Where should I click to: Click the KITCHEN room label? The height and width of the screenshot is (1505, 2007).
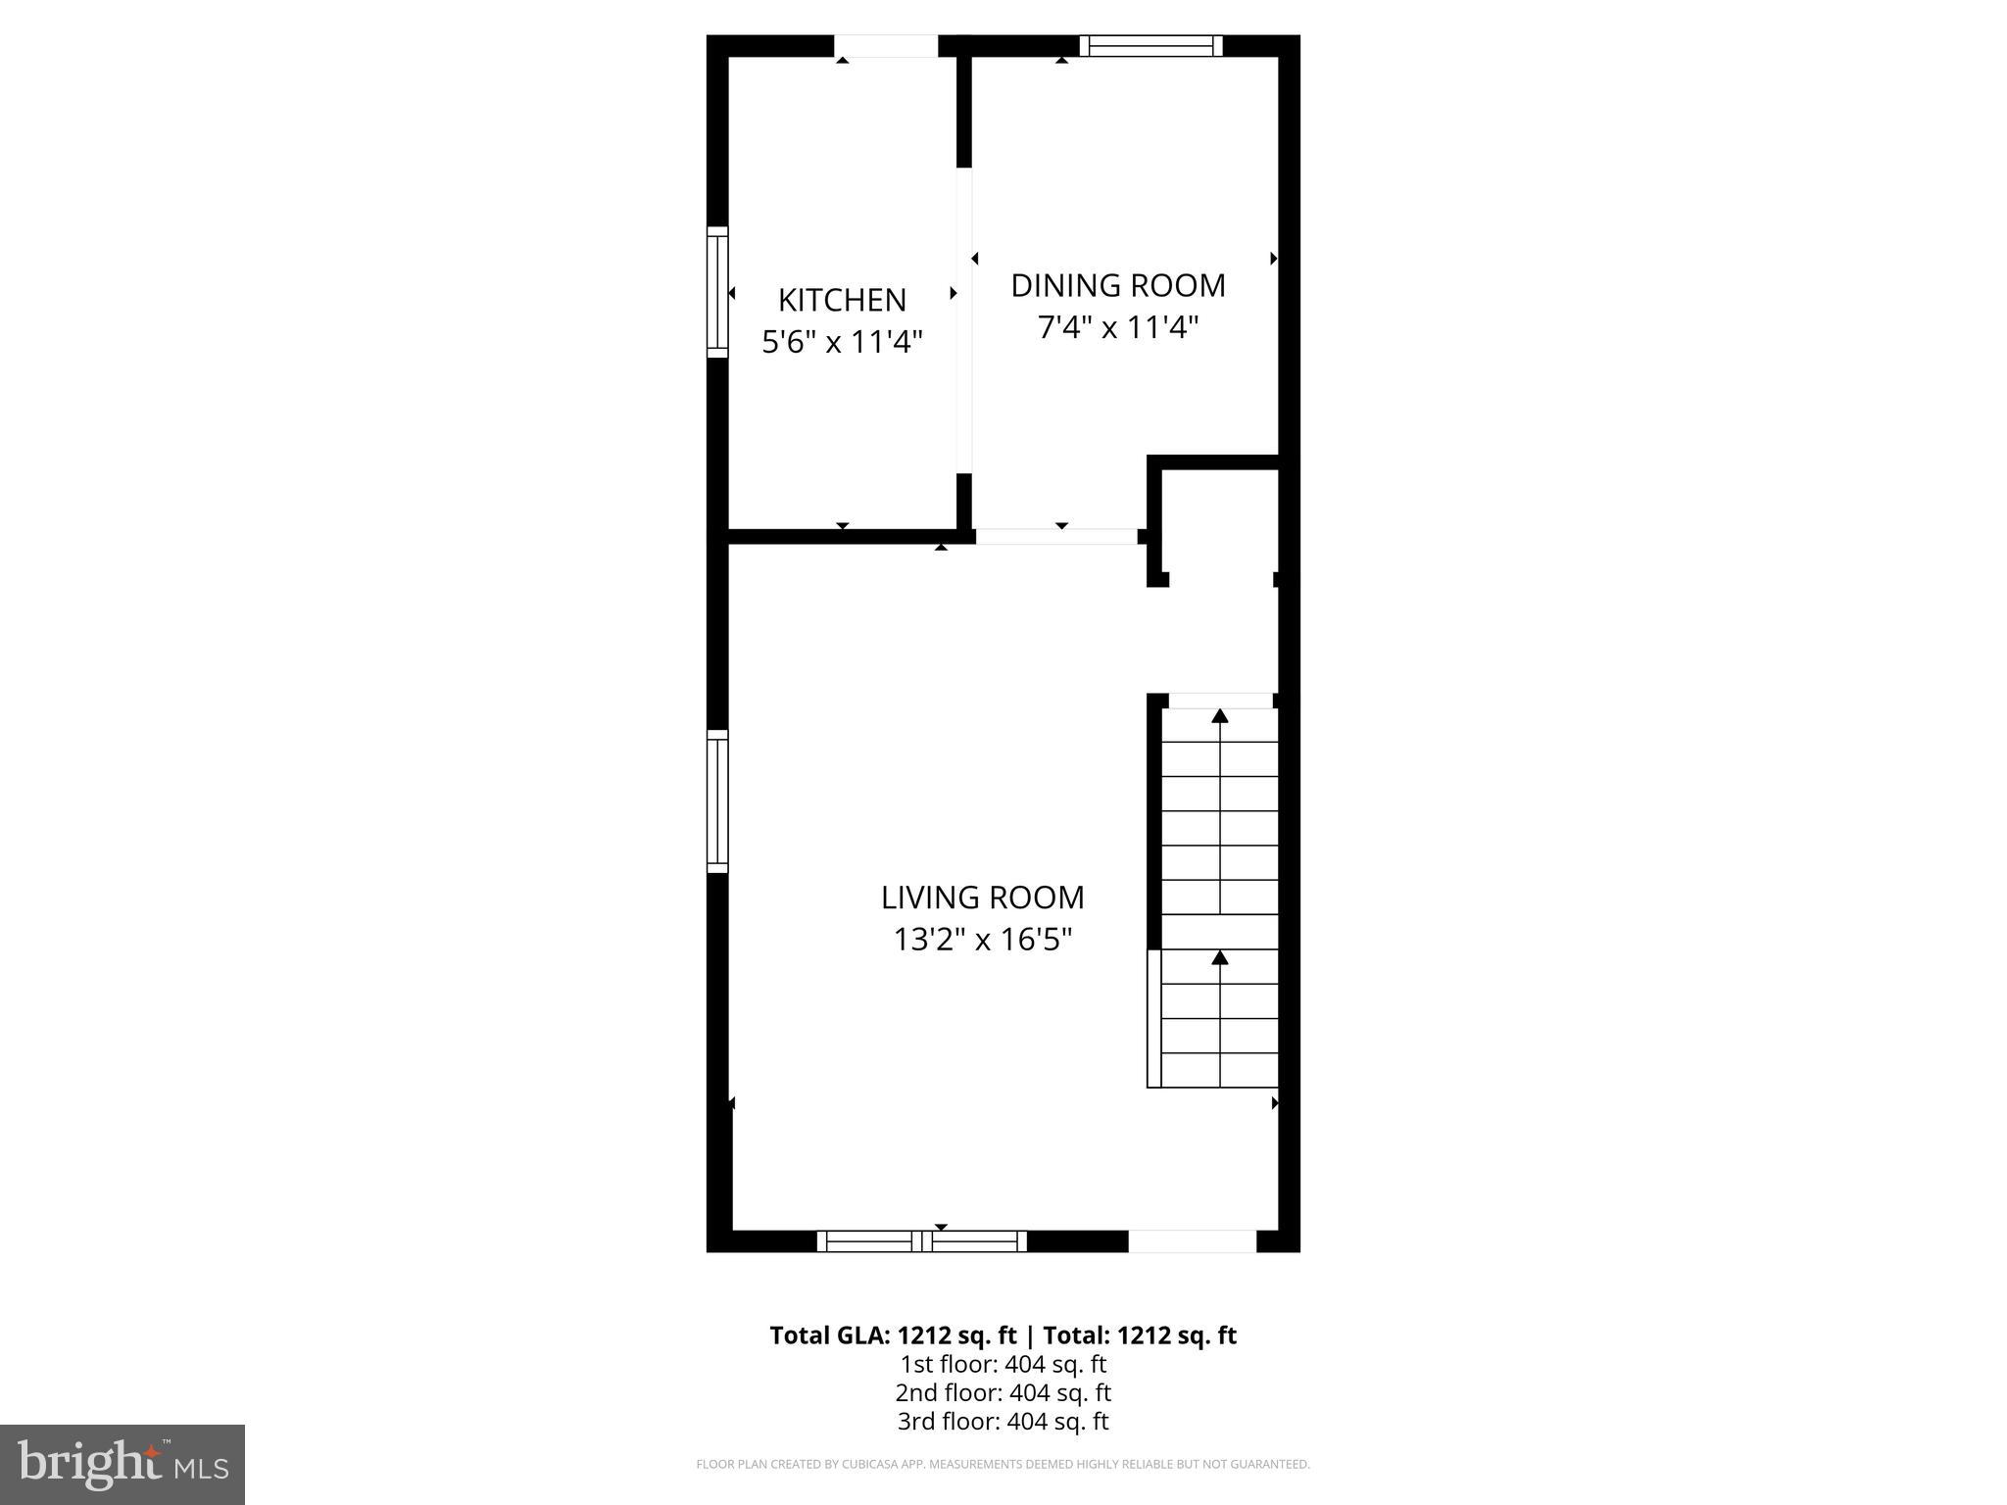(x=842, y=299)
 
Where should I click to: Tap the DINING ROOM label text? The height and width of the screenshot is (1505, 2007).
(x=1118, y=285)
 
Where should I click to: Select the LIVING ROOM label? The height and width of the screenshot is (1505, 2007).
(x=982, y=898)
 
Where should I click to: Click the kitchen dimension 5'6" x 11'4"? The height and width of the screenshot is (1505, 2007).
(x=842, y=342)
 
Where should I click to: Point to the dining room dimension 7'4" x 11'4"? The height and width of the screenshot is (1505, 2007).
(x=1118, y=327)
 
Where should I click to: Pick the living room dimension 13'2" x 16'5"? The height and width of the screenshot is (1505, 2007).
(x=982, y=940)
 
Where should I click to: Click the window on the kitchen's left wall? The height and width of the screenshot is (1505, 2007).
(x=718, y=292)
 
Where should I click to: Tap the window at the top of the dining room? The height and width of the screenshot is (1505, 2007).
(x=1151, y=46)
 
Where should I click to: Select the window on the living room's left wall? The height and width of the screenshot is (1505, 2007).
(x=718, y=801)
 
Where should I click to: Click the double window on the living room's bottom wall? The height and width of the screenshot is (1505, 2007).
(x=922, y=1241)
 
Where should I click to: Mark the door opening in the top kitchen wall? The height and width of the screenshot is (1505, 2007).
(x=886, y=46)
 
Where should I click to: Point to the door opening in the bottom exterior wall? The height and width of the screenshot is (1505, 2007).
(x=1192, y=1241)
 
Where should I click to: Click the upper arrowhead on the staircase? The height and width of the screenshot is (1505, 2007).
(x=1220, y=716)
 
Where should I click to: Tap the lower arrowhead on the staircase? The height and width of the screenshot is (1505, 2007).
(x=1220, y=957)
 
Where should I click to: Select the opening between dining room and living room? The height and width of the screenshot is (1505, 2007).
(x=1056, y=537)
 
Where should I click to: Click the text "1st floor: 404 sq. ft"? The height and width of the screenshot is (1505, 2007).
(x=1003, y=1364)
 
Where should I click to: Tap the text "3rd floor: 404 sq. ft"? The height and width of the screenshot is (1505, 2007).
(x=1003, y=1421)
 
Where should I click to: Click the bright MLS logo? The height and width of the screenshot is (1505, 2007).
(x=122, y=1464)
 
